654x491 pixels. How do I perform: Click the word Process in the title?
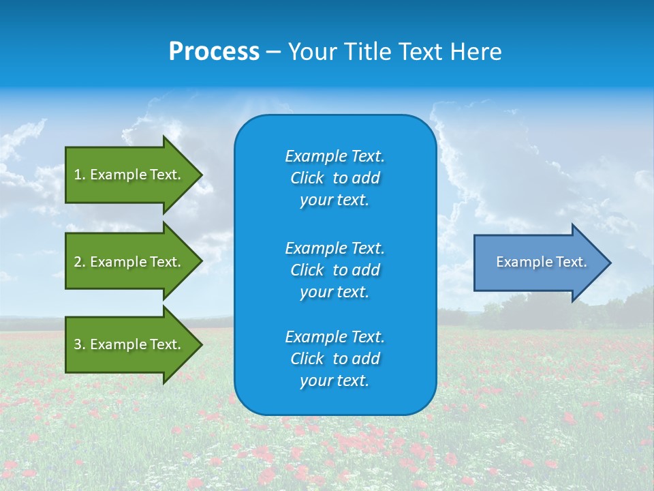click(214, 52)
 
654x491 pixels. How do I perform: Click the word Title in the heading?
click(366, 52)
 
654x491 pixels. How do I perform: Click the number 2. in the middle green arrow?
click(79, 262)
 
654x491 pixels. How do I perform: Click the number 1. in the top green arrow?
click(79, 175)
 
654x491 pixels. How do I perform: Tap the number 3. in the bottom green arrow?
click(79, 344)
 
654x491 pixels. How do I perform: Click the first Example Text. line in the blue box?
click(334, 156)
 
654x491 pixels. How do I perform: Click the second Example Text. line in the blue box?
click(334, 248)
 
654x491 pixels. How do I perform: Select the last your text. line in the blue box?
click(334, 381)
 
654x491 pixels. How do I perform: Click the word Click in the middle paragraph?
click(307, 270)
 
